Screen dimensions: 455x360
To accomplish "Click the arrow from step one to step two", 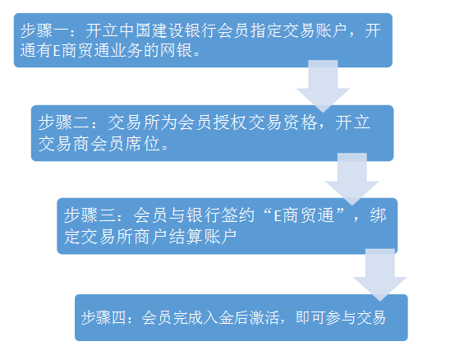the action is click(323, 86).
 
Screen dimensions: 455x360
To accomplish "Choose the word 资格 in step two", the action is click(300, 122).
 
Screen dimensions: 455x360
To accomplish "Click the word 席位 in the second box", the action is click(143, 144).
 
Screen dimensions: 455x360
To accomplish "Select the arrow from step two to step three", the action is click(352, 179).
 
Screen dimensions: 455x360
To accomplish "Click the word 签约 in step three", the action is click(237, 215).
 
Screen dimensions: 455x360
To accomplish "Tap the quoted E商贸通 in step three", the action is click(304, 215).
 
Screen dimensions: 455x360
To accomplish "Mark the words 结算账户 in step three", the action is click(203, 237).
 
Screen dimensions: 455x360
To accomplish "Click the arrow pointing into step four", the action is click(379, 275).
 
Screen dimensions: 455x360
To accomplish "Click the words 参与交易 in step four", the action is click(356, 317).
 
